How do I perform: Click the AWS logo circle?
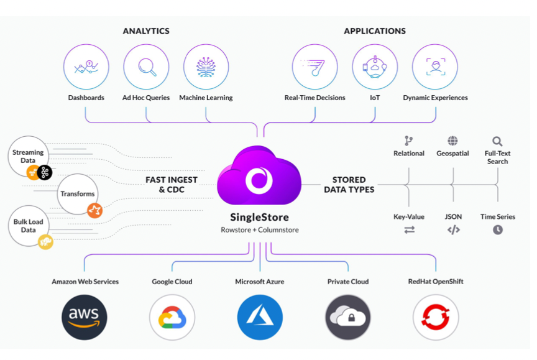point(85,317)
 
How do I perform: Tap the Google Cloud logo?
point(172,317)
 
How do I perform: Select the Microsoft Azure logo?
point(260,317)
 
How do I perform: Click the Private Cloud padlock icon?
point(348,317)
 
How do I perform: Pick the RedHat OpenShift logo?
point(436,317)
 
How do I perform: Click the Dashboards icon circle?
point(86,67)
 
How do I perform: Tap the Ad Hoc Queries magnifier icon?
point(146,67)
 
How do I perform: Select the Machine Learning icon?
point(206,67)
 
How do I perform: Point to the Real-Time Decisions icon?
point(314,67)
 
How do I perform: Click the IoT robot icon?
point(375,67)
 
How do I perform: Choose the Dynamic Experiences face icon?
point(435,67)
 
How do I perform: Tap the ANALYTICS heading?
point(146,31)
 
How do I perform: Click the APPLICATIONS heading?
point(375,31)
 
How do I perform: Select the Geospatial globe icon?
point(452,141)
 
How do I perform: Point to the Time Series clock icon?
point(498,230)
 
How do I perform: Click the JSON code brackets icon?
point(454,230)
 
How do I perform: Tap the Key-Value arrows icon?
point(409,230)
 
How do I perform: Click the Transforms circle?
point(78,194)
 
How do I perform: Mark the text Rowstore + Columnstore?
point(259,230)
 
